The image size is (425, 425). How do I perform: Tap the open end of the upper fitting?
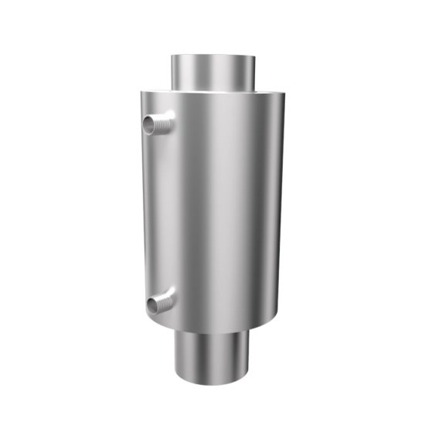(x=147, y=126)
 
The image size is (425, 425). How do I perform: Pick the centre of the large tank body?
(x=212, y=212)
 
